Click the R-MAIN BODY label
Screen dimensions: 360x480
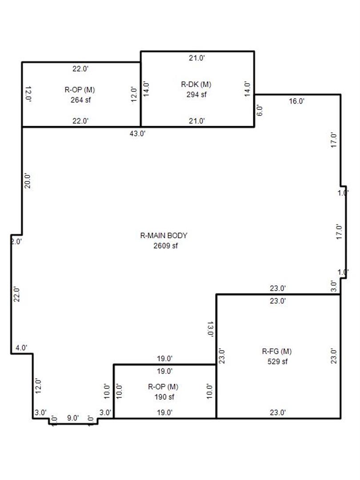(164, 236)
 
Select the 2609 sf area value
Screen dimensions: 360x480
(166, 245)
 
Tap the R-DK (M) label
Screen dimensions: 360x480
(196, 84)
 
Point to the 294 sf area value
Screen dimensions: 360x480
(196, 95)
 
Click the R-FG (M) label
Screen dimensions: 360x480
(277, 351)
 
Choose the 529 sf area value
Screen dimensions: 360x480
(278, 361)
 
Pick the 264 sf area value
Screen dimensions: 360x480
(81, 100)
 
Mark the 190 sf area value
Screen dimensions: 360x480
(164, 397)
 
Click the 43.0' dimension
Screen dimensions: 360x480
(137, 133)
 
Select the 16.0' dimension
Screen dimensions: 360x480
(296, 101)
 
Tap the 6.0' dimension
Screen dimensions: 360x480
(259, 111)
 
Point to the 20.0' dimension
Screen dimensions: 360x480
(27, 181)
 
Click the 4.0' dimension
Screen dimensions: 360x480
(21, 348)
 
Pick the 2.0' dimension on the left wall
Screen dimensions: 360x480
(16, 241)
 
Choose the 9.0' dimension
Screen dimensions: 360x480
(73, 418)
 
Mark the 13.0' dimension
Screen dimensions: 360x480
(210, 329)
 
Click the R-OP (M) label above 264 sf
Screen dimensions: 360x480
(80, 90)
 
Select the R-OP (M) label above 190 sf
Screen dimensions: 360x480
(163, 387)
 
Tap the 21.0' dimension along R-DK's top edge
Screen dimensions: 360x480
(197, 58)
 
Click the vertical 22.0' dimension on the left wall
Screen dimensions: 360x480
(16, 295)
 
